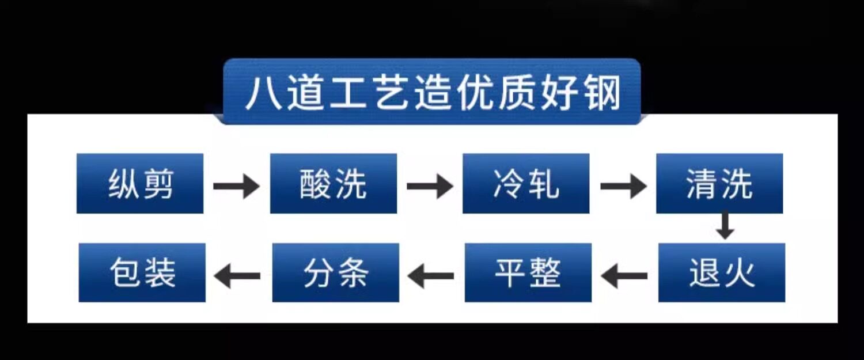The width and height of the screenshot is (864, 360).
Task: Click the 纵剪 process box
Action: tap(140, 184)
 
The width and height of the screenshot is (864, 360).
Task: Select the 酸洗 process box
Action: tap(334, 184)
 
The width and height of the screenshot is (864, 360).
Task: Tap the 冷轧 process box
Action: tap(526, 184)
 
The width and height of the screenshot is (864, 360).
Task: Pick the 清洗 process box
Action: tap(719, 184)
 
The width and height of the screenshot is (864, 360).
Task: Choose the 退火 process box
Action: tap(722, 272)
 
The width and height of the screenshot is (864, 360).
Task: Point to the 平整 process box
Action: tap(528, 272)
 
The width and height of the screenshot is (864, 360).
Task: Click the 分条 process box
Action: tap(336, 272)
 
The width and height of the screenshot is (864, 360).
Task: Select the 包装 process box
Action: tap(142, 272)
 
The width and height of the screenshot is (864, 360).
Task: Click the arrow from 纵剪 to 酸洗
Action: tap(236, 186)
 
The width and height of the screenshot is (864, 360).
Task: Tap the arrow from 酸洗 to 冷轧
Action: tap(430, 186)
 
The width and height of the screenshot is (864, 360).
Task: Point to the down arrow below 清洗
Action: tap(725, 227)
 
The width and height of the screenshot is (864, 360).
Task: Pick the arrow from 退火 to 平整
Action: tap(624, 276)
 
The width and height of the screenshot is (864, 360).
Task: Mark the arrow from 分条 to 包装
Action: tap(237, 276)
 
